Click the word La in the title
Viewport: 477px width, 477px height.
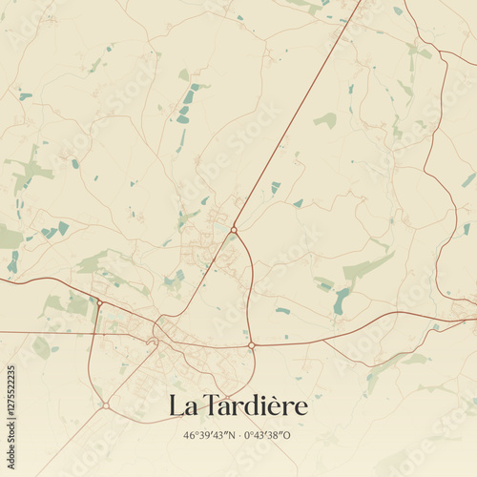pos(181,406)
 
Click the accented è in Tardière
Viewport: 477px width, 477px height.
pos(279,406)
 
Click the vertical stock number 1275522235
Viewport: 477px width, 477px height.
pos(11,424)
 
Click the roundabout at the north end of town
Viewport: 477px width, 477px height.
pos(234,229)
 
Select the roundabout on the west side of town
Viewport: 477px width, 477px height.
pos(99,303)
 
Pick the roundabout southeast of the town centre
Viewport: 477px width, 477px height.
pos(251,345)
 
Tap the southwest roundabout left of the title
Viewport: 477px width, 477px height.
pos(105,405)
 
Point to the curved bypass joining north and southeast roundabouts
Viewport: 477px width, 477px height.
pos(251,277)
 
